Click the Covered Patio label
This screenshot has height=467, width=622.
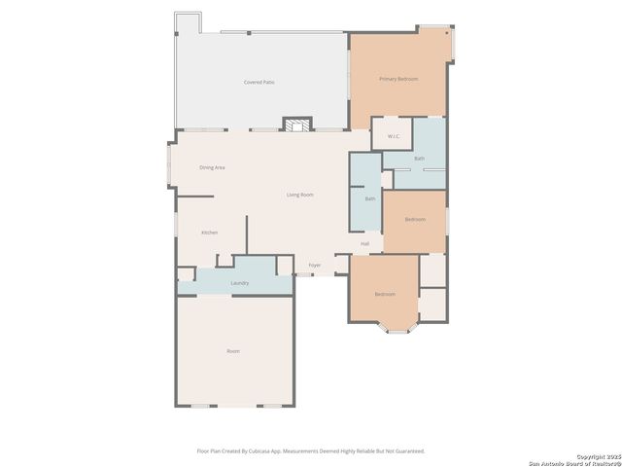point(259,83)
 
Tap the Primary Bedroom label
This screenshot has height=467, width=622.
point(398,79)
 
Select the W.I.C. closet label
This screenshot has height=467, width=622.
point(393,136)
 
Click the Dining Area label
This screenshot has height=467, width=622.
point(213,167)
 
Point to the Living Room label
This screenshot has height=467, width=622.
point(299,196)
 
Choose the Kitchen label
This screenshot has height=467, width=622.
point(209,233)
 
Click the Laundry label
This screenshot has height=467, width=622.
point(239,283)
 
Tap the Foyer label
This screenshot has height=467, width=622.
point(315,265)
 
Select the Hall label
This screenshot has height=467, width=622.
point(364,243)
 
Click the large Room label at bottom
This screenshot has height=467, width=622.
point(233,351)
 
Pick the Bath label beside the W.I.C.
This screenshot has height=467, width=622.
point(420,158)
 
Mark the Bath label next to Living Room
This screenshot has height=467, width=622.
point(369,199)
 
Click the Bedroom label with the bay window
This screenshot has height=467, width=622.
point(385,294)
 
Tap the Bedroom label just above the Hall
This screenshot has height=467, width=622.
point(415,220)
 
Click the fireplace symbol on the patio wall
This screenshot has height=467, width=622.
point(298,124)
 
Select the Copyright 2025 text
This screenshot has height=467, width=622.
point(597,456)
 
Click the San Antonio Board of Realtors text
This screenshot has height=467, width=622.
point(576,462)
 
